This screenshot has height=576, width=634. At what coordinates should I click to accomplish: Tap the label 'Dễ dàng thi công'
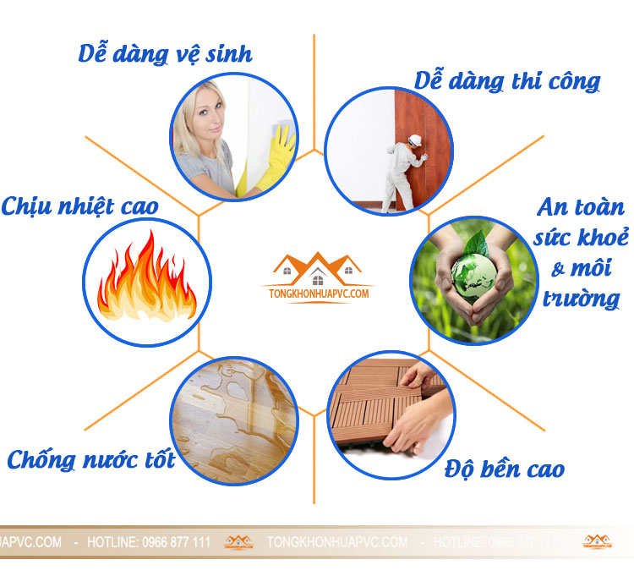tap(507, 81)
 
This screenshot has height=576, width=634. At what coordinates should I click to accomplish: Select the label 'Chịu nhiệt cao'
tap(80, 206)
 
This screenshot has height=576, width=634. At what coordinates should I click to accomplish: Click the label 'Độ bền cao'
tap(505, 468)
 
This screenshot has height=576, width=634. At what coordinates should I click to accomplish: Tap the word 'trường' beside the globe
tap(582, 298)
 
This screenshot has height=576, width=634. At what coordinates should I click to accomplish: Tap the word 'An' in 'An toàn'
tap(552, 208)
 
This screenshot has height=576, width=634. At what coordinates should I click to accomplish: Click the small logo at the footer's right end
tap(597, 541)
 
